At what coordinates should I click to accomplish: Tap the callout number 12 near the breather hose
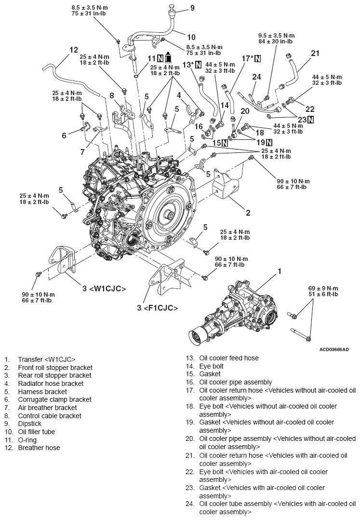pos(74,50)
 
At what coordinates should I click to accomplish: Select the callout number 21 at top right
pos(315,53)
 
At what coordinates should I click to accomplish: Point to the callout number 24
pos(256,76)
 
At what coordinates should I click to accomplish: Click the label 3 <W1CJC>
pos(104,289)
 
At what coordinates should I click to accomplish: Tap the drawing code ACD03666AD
pos(333,349)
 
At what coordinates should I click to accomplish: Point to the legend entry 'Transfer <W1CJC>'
pos(47,359)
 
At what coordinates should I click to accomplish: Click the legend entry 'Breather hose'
pos(39,448)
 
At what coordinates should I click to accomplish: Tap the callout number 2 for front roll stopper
pos(248,213)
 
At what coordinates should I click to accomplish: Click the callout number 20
pos(245,110)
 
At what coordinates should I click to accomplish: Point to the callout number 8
pos(111,96)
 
